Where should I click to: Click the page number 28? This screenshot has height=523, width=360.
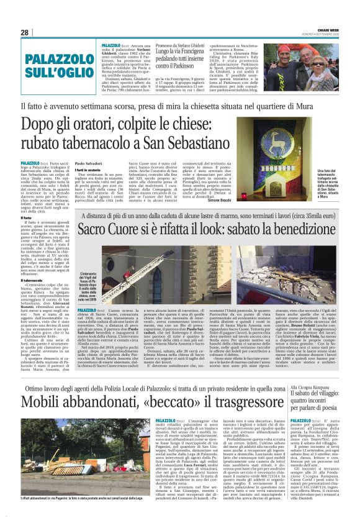pos(25,32)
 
